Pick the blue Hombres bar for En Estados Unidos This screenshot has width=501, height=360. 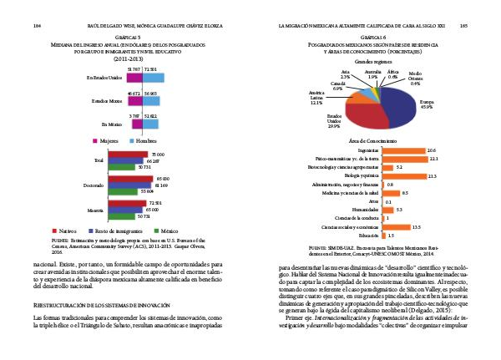(x=152, y=78)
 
